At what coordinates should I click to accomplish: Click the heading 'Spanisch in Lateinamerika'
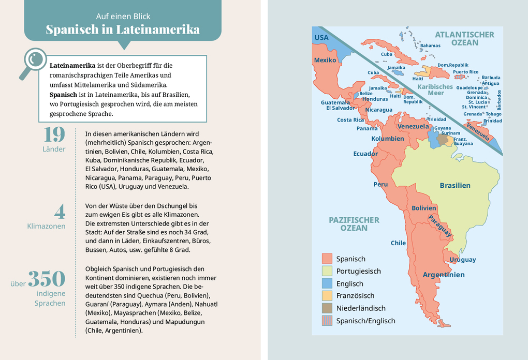tap(123, 29)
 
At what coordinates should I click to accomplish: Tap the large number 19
tap(54, 134)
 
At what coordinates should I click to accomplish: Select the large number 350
tap(47, 279)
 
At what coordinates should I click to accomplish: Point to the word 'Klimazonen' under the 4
tap(46, 226)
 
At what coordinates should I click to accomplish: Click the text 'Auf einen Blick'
tap(123, 16)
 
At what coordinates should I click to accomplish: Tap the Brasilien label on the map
tap(455, 185)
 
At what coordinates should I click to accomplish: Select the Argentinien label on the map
tap(444, 275)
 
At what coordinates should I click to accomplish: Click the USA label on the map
tap(321, 38)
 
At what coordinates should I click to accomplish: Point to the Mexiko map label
tap(325, 60)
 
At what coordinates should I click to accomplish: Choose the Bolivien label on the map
tap(424, 208)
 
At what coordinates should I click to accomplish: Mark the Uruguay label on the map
tap(463, 260)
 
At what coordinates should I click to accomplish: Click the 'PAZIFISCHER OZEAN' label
tap(354, 224)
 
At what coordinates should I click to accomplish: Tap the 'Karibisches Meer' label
tap(435, 90)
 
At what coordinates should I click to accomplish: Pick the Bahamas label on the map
tap(430, 46)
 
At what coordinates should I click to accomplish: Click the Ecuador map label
tap(365, 154)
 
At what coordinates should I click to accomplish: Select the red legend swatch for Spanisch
tap(327, 259)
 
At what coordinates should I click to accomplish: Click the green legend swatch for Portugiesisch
tap(327, 271)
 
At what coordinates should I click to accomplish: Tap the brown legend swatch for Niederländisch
tap(327, 308)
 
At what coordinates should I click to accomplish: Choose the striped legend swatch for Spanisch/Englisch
tap(327, 321)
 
